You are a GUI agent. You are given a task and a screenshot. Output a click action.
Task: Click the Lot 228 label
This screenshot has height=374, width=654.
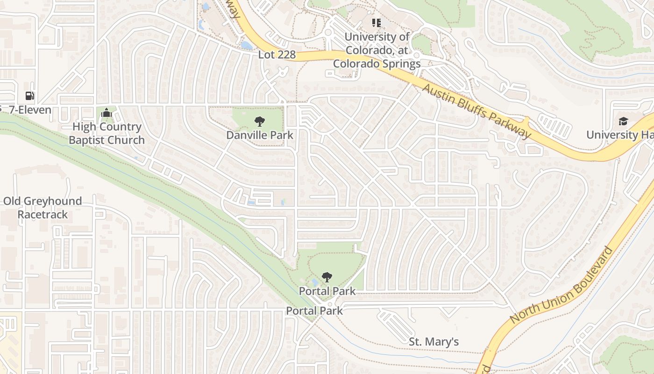[x=277, y=55]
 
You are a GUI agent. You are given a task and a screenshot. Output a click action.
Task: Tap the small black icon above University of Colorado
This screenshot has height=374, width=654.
[x=377, y=22]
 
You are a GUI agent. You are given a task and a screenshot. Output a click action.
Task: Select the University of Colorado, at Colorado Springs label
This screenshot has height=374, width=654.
[x=377, y=50]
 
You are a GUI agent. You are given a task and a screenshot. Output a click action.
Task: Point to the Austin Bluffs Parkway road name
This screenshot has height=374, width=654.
[x=477, y=111]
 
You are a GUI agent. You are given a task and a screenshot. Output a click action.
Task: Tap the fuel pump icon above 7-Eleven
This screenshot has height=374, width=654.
[x=30, y=96]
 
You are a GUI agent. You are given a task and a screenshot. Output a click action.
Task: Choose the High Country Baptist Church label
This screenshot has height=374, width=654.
[x=107, y=133]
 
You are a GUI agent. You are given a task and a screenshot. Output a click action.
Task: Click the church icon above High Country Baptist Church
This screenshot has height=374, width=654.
[x=107, y=113]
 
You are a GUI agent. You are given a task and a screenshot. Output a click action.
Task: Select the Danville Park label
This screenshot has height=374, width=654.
[x=260, y=135]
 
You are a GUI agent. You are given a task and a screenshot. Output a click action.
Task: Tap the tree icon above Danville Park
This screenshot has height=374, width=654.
[x=260, y=122]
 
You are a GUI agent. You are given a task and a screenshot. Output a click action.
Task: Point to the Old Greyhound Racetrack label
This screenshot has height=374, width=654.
[x=43, y=208]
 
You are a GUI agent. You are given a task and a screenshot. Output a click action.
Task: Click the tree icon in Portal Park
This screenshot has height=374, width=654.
[x=327, y=277]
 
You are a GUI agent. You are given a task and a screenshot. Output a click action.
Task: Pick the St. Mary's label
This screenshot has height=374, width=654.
[x=434, y=342]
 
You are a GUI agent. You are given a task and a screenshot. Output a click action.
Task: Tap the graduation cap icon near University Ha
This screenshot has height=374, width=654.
[x=623, y=122]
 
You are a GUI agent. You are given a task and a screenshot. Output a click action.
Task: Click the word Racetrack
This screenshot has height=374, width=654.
[x=43, y=215]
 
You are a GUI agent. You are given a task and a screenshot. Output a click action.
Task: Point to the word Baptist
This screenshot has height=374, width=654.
[x=89, y=140]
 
